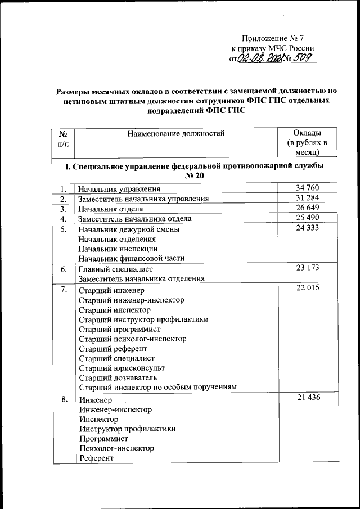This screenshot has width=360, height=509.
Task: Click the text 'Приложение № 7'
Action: pyautogui.click(x=273, y=39)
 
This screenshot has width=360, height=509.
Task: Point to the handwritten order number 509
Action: pyautogui.click(x=304, y=60)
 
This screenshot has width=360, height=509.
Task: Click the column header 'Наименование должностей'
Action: pyautogui.click(x=175, y=133)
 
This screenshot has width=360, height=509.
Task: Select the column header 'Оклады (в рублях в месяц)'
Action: pyautogui.click(x=307, y=142)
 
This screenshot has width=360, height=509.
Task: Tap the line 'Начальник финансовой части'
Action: pyautogui.click(x=132, y=258)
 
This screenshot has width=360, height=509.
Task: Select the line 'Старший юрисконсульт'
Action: pyautogui.click(x=121, y=368)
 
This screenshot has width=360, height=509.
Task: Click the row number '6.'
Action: pyautogui.click(x=64, y=269)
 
